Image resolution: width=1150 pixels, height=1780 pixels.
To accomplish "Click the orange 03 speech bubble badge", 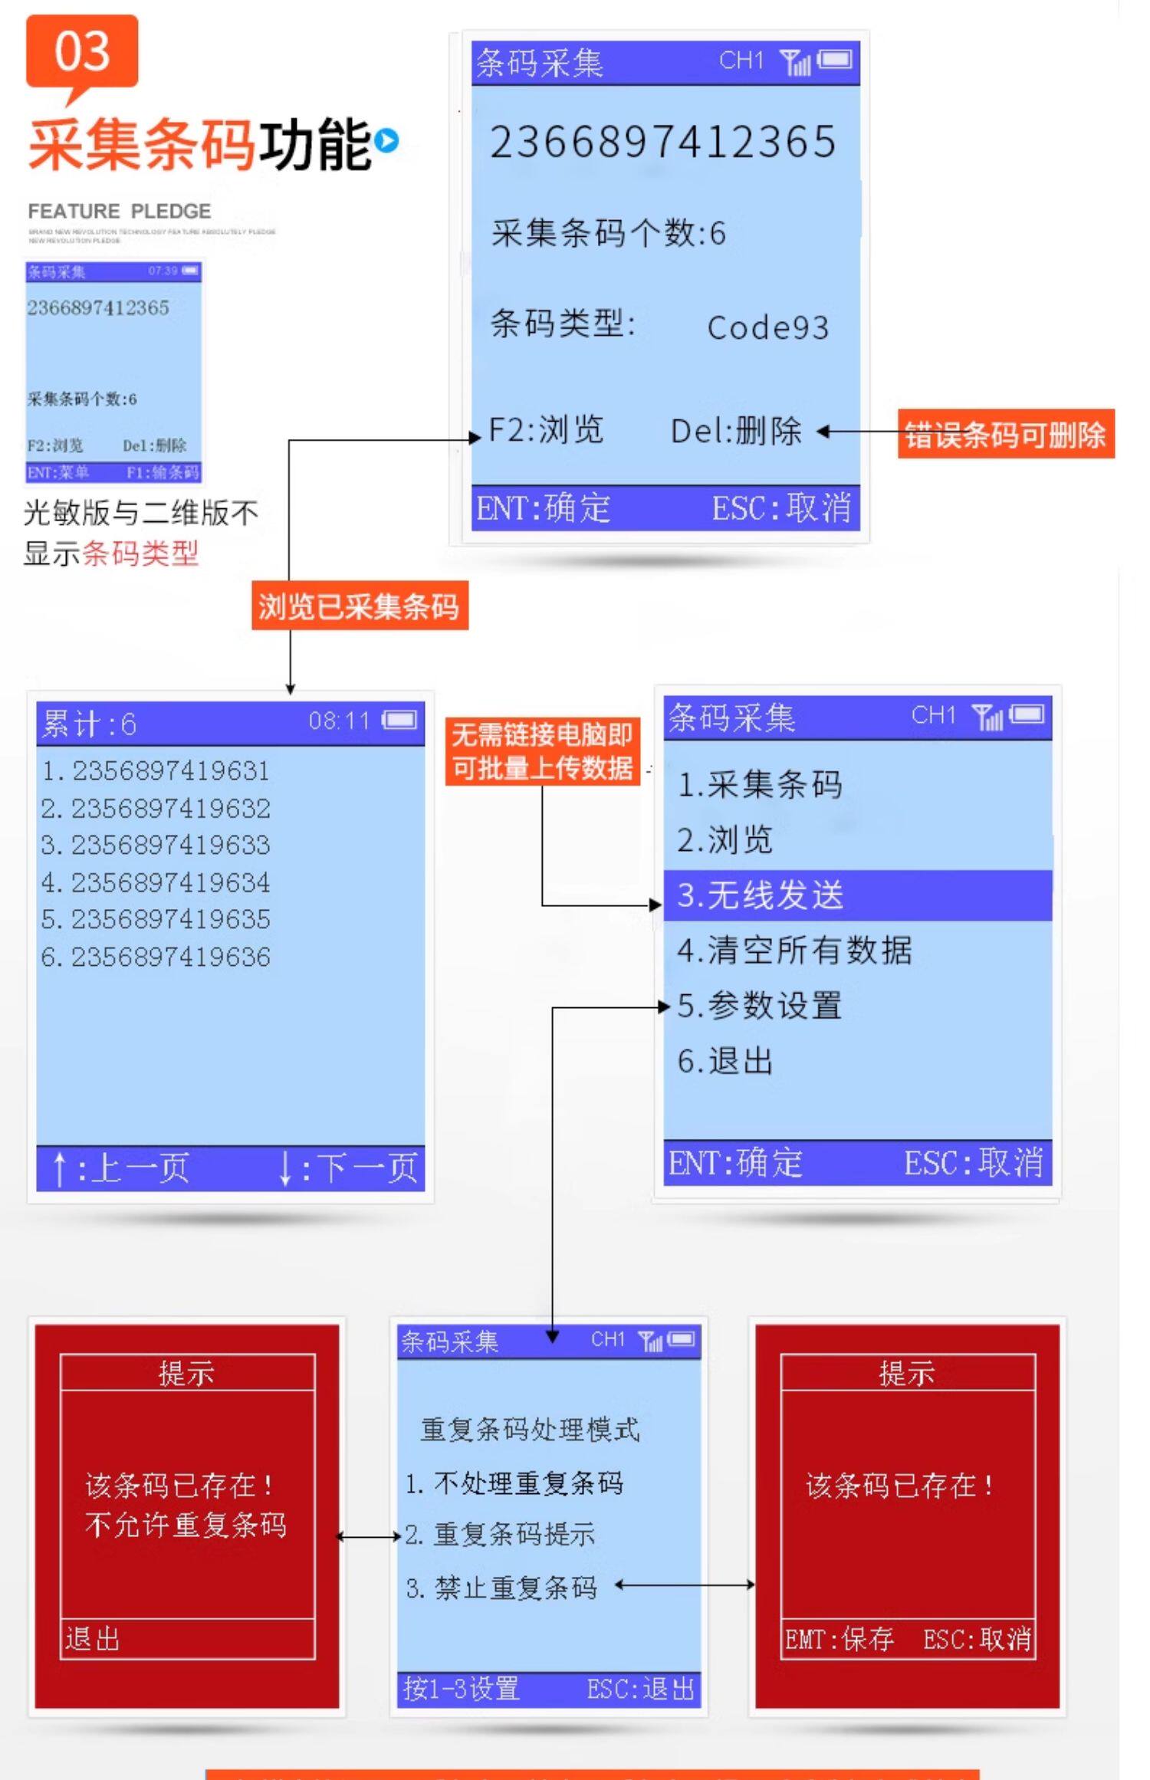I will [x=82, y=52].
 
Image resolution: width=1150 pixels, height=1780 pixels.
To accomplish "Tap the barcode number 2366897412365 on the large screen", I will [x=662, y=143].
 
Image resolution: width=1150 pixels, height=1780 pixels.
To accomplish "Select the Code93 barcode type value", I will [x=767, y=327].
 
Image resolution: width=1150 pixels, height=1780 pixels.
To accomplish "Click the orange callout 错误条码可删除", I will [x=1005, y=435].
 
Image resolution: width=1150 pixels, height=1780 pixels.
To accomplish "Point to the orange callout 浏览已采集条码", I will [x=359, y=606].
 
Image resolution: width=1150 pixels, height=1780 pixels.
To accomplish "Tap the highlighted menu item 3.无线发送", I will [x=856, y=895].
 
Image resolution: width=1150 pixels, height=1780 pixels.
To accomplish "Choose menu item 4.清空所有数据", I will [x=794, y=951].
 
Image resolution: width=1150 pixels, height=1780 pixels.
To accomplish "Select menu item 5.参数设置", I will [x=759, y=1006].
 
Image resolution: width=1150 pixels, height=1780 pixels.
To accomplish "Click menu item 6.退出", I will [x=725, y=1062].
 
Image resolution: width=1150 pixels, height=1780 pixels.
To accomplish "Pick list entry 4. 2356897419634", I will [x=156, y=882].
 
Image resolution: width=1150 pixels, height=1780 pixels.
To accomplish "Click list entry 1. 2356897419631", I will [x=156, y=770].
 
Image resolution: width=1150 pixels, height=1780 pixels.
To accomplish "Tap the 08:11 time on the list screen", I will [x=338, y=721].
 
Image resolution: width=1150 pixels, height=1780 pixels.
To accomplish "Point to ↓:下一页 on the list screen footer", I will [x=348, y=1168].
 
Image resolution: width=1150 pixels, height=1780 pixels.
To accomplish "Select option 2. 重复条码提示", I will [x=500, y=1534].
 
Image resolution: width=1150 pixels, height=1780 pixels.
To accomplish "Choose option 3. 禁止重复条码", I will [x=501, y=1588].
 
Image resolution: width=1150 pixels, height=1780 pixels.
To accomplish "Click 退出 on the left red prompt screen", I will [x=93, y=1638].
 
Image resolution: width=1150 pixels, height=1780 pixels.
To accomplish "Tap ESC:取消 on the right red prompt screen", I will [x=977, y=1639].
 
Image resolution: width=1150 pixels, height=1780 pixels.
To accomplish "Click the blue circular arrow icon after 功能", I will [x=387, y=141].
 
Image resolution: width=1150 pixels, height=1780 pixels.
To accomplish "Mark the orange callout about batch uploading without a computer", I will [x=542, y=751].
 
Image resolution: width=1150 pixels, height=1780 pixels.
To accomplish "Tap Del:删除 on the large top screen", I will [x=736, y=431].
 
